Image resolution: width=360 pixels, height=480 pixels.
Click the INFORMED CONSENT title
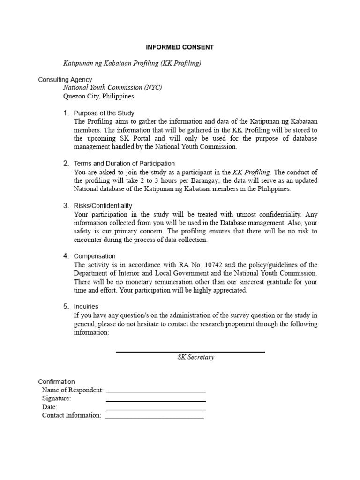tap(180, 47)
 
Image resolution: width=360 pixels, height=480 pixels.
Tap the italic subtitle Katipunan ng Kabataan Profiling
tap(132, 63)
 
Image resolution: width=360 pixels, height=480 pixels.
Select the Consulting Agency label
tap(65, 80)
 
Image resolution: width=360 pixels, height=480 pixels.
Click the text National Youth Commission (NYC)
tap(112, 88)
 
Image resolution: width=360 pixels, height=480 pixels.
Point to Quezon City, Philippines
tap(98, 96)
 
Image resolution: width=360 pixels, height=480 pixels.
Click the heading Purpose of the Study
tap(104, 113)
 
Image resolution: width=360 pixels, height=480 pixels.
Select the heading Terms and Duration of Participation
tap(124, 164)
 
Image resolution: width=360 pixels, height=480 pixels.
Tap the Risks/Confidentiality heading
tap(103, 206)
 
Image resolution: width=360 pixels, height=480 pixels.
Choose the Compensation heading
tap(95, 256)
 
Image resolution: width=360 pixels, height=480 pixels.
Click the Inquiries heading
tap(86, 307)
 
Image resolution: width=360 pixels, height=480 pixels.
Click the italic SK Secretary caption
tap(195, 357)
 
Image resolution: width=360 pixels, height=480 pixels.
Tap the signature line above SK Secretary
tap(190, 352)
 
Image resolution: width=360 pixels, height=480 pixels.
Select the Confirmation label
tap(56, 382)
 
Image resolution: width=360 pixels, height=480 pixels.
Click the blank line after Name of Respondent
tap(156, 392)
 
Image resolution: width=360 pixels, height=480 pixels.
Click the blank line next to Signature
tap(156, 401)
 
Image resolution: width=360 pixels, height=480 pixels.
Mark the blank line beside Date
tap(156, 409)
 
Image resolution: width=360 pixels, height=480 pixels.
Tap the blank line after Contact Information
tap(154, 418)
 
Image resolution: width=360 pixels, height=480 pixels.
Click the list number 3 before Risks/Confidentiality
tap(66, 206)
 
